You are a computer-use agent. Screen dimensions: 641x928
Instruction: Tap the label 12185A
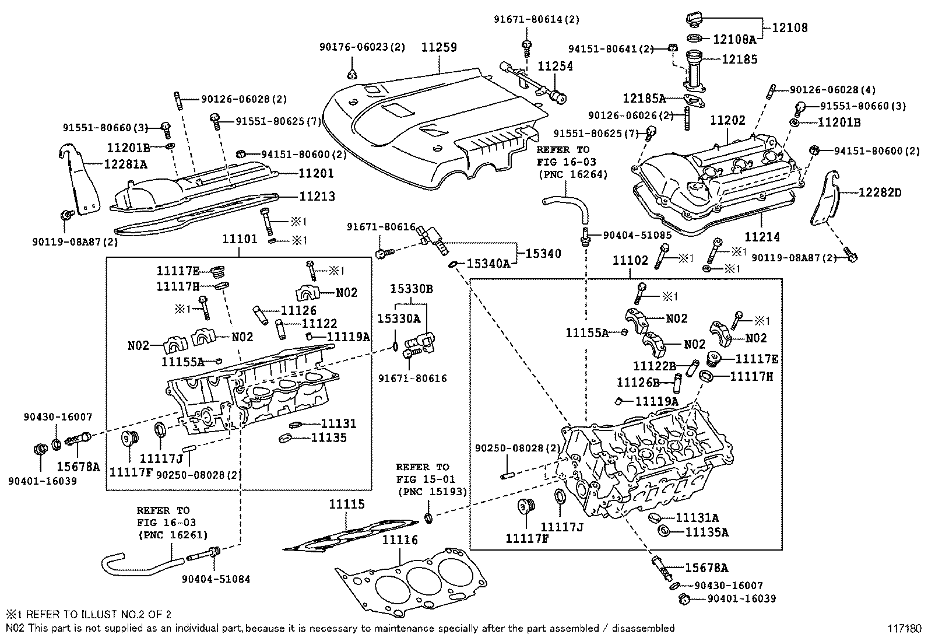pyautogui.click(x=644, y=98)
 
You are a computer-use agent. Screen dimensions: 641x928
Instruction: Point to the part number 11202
pyautogui.click(x=727, y=120)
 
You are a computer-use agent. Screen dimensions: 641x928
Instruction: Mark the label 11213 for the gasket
pyautogui.click(x=317, y=197)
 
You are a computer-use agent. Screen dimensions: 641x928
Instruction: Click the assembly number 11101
pyautogui.click(x=239, y=240)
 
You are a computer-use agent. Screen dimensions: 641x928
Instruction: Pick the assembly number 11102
pyautogui.click(x=630, y=260)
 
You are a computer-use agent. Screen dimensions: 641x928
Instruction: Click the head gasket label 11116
pyautogui.click(x=400, y=540)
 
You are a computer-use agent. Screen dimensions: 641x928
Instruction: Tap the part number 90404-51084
pyautogui.click(x=216, y=579)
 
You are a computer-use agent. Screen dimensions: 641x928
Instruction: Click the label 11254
pyautogui.click(x=555, y=67)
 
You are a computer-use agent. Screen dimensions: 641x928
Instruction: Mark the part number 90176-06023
pyautogui.click(x=355, y=47)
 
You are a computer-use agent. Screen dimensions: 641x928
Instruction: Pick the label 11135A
pyautogui.click(x=707, y=532)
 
